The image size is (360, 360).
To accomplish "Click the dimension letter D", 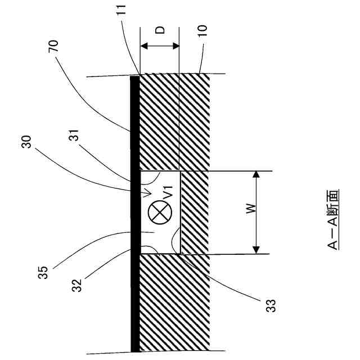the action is tap(160, 29).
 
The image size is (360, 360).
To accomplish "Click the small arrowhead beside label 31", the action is tap(148, 193).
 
